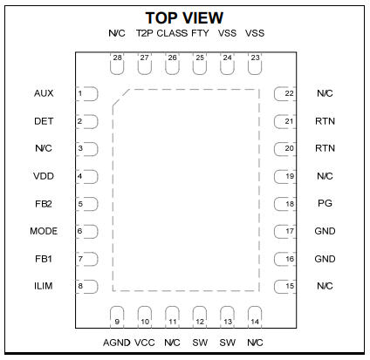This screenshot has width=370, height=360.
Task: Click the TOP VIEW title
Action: click(x=184, y=18)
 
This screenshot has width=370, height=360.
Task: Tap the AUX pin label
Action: click(x=44, y=93)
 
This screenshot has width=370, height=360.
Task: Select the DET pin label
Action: click(x=44, y=121)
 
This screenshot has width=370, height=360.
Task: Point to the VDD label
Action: click(x=44, y=176)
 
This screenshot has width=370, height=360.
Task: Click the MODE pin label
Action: click(x=44, y=231)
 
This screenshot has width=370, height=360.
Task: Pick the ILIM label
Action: click(x=44, y=286)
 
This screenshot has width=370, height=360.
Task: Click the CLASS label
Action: click(x=172, y=33)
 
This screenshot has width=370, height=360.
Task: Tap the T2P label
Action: click(x=145, y=33)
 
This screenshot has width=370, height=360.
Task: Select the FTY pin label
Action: click(x=200, y=33)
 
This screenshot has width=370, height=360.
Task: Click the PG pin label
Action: click(x=325, y=203)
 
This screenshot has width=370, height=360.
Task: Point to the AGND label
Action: click(x=117, y=343)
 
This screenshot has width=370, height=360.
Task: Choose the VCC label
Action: click(x=145, y=343)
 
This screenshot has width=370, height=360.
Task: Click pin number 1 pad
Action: click(x=86, y=93)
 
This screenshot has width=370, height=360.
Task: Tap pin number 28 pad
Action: click(x=117, y=64)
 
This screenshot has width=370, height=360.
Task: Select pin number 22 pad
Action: click(x=285, y=93)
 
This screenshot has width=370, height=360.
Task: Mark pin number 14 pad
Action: click(x=255, y=317)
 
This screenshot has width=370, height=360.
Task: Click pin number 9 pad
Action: click(x=117, y=317)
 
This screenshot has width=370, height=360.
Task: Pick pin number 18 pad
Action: click(x=285, y=204)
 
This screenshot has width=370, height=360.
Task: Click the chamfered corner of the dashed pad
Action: click(x=121, y=98)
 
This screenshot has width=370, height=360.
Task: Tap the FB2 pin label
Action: click(x=44, y=204)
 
